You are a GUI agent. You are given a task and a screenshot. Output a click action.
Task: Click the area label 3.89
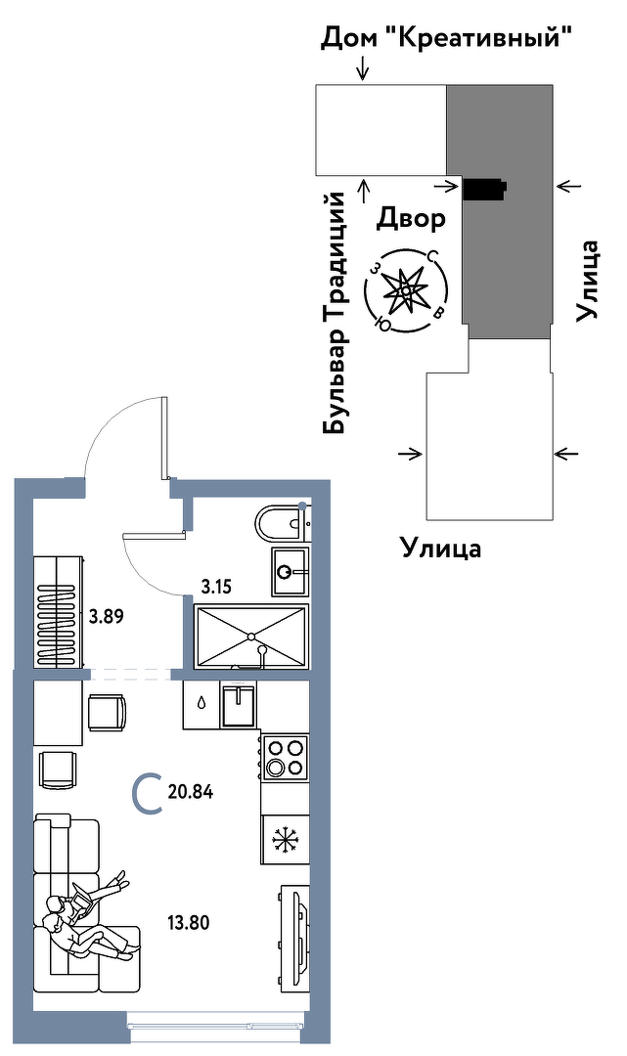(x=106, y=617)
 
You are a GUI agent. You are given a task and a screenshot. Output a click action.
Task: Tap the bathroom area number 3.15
(x=218, y=588)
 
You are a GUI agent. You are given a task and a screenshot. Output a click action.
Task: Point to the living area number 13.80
(x=190, y=921)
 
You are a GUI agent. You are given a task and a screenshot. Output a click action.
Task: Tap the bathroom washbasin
(x=290, y=571)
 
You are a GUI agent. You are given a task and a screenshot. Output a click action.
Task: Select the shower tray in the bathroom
(x=251, y=636)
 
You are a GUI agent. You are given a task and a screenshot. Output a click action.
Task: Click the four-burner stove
(x=286, y=757)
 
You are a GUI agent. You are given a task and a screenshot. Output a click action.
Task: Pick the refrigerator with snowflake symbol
(x=286, y=840)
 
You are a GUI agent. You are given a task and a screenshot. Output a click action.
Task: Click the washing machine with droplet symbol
(x=202, y=704)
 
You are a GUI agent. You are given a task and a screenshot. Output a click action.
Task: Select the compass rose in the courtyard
(x=404, y=290)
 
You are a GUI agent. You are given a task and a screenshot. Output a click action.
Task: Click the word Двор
(x=411, y=218)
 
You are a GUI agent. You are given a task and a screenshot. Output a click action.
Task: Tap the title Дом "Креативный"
(x=446, y=39)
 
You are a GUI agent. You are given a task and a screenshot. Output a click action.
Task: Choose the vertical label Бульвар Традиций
(x=336, y=313)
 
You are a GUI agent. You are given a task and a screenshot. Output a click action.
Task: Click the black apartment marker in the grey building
(x=484, y=188)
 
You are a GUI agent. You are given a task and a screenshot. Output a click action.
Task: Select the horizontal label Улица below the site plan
(x=441, y=548)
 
